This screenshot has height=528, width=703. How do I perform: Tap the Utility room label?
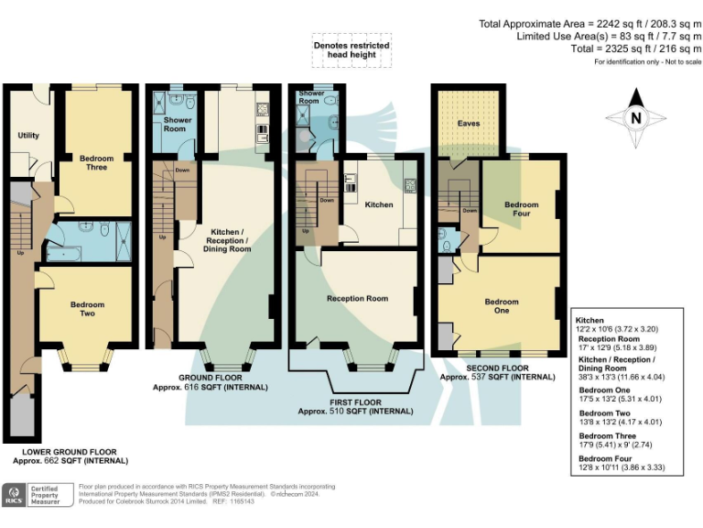(28, 136)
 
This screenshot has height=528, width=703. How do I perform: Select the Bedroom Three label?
(96, 163)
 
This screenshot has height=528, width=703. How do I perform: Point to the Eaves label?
(469, 122)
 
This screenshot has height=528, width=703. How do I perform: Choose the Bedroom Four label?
(519, 209)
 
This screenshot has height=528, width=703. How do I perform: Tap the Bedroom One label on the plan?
(502, 306)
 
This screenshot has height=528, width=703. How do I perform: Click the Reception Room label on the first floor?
(357, 299)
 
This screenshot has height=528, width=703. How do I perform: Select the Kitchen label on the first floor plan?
(378, 204)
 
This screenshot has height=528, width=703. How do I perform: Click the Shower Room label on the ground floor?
(177, 125)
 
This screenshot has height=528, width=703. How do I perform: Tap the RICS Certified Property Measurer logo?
(38, 496)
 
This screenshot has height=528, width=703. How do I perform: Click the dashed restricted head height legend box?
(351, 50)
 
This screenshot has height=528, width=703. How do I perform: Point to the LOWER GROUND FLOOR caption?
(70, 456)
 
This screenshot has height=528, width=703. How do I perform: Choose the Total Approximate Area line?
(589, 25)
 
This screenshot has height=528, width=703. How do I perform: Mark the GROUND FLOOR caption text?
(210, 382)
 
